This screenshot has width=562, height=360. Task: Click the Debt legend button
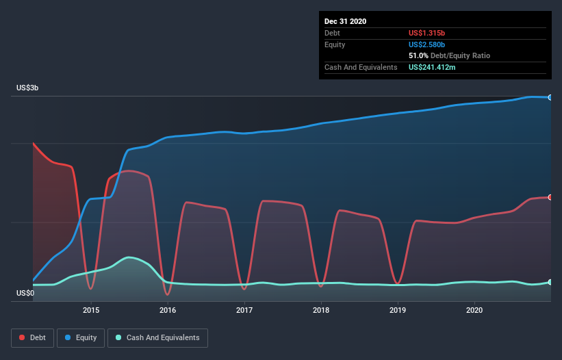pos(33,337)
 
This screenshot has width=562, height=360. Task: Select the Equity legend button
pos(81,337)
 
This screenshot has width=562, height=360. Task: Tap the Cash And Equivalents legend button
pos(157,337)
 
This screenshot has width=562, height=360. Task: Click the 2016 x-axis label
pos(168,310)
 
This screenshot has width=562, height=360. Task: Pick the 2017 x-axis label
pos(244,310)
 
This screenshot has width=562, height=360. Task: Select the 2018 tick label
pos(321,310)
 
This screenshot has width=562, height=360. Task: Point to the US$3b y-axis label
pos(29,88)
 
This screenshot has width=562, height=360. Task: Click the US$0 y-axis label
pos(25,294)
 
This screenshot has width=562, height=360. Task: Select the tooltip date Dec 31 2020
pos(345,21)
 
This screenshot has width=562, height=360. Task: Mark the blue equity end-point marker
pos(550,97)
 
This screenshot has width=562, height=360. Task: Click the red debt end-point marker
pos(550,197)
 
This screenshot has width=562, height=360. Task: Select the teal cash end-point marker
pos(550,282)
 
